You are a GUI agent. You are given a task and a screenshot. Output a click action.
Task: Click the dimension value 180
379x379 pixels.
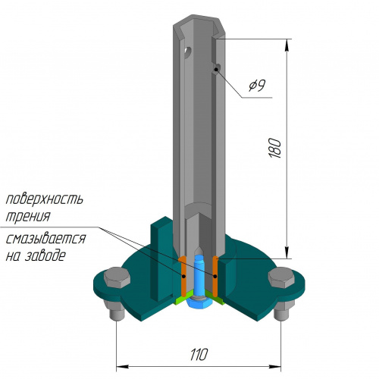coord(275,149)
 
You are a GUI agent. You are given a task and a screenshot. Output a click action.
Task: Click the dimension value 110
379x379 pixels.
coord(199,355)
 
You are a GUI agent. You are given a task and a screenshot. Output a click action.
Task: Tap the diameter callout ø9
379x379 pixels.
coord(257,85)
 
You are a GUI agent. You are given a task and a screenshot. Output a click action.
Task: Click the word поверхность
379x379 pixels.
coord(45,199)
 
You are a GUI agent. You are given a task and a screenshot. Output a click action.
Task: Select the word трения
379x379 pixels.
coord(28,216)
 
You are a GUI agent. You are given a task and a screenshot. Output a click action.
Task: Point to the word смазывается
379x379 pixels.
coord(45,239)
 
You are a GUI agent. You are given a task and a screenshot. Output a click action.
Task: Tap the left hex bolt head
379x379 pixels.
coord(117,277)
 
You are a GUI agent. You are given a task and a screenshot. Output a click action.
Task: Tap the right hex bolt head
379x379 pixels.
coord(281,277)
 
